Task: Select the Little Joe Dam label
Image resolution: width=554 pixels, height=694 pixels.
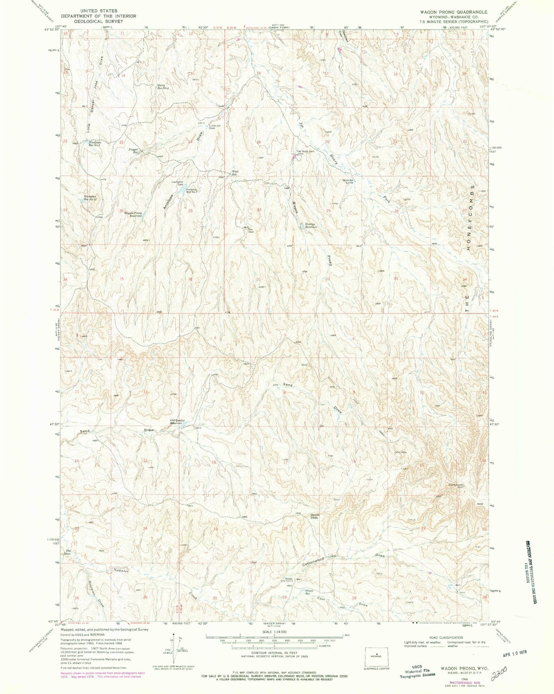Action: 215,127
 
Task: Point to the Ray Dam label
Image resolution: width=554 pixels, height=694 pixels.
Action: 251,231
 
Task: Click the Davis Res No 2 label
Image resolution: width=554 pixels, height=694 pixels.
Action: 163,86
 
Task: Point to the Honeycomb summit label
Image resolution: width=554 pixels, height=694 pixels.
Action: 456,485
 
